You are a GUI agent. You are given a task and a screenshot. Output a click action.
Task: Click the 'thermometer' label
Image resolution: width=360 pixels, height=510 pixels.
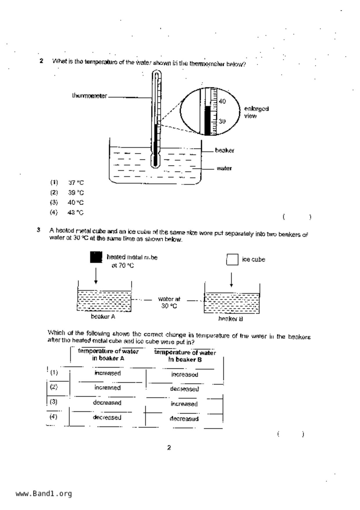89,96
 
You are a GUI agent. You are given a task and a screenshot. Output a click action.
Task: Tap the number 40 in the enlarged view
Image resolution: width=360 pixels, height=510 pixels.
222,101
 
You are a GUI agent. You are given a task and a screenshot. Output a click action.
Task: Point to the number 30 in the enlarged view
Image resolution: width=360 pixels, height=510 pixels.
222,121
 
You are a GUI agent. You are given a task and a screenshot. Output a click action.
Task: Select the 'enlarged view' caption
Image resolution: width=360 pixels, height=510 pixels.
256,112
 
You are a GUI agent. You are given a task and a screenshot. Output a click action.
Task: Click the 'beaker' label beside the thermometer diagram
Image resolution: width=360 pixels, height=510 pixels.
224,150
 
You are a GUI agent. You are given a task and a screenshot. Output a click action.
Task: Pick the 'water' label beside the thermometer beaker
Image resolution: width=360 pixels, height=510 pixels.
224,168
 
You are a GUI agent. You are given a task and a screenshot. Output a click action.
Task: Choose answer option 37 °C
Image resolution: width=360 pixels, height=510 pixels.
76,183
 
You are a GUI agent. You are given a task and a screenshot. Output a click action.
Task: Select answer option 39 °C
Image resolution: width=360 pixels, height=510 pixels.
76,192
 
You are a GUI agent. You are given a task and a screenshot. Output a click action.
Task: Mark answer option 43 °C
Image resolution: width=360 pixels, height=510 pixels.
76,213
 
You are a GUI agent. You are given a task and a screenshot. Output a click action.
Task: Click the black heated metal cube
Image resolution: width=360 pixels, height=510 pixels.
96,257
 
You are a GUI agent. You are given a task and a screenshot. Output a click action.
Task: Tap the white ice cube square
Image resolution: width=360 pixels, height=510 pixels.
232,259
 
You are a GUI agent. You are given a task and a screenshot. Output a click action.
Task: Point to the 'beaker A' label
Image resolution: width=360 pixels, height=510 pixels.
103,317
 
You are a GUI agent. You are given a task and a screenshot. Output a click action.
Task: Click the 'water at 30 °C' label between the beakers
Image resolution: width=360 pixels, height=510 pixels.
169,302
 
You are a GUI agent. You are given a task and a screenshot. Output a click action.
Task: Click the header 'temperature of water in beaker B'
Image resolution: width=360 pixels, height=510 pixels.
185,356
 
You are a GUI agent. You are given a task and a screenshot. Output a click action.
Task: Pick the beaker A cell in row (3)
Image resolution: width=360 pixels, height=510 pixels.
107,403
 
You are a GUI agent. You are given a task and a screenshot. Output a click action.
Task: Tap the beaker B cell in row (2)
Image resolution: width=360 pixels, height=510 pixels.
185,389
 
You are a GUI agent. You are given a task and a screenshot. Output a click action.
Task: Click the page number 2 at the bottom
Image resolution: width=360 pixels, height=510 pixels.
169,447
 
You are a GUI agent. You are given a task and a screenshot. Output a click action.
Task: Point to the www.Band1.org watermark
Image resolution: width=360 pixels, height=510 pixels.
44,493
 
